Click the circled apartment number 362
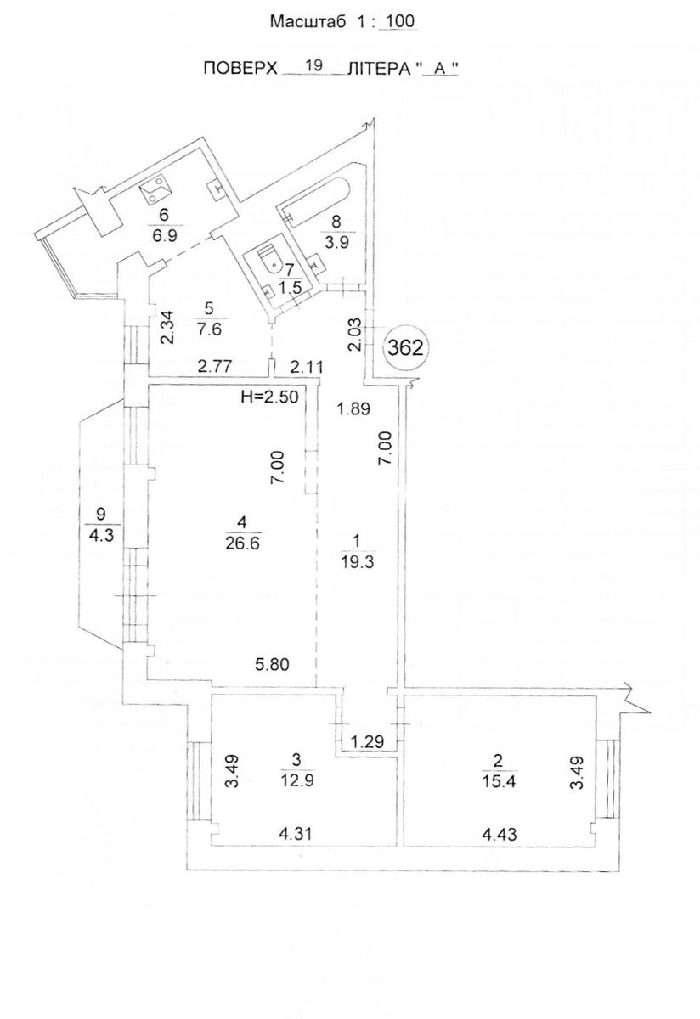tap(404, 348)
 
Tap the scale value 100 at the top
tap(398, 21)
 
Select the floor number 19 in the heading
tap(313, 65)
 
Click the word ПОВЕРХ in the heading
tap(240, 69)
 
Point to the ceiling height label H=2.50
tap(269, 397)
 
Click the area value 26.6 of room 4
tap(243, 543)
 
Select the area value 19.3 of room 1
tap(358, 562)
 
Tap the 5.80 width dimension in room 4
tap(272, 665)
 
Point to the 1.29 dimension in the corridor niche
tap(367, 742)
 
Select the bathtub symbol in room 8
tap(316, 200)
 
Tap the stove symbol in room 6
tap(155, 191)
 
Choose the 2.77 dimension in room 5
tap(215, 366)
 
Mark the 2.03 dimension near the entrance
tap(354, 335)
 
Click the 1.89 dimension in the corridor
tap(353, 408)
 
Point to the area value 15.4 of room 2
tap(499, 782)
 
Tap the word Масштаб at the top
tap(308, 22)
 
